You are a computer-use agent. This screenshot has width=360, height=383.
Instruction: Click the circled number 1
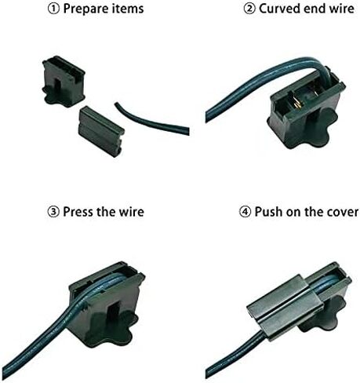53,9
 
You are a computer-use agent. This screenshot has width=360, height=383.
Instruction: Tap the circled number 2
249,9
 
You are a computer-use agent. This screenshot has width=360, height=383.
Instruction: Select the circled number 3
53,212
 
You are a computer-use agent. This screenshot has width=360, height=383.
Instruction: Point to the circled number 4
245,212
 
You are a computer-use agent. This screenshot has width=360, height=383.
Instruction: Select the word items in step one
128,9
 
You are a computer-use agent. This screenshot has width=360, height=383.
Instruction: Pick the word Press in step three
78,212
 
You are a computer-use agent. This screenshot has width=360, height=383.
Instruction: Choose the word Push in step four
269,212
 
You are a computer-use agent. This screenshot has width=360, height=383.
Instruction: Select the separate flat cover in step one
101,131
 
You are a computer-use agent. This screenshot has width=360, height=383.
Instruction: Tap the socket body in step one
64,82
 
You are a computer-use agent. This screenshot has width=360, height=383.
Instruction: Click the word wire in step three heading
132,212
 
